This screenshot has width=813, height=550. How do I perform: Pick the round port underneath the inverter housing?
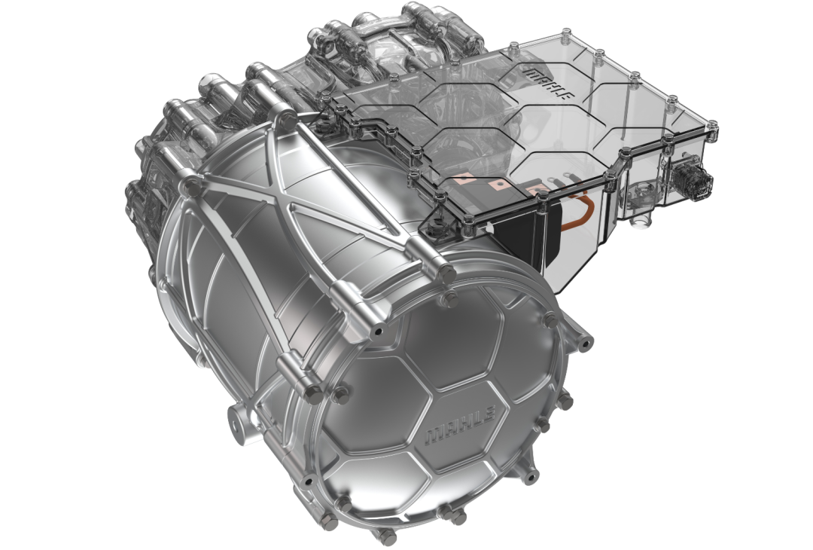pos(642,218)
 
